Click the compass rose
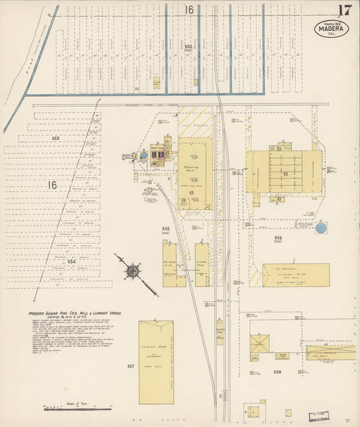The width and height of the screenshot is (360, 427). pos(133,271)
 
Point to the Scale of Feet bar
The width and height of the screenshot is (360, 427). pos(78,408)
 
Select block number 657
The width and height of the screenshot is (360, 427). pos(130,366)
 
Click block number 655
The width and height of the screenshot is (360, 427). pos(165,230)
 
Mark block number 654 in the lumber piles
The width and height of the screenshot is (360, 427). pos(72,261)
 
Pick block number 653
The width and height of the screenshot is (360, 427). pos(55,138)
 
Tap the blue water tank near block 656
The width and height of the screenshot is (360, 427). pos(321,228)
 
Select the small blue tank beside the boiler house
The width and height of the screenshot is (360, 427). pos(143,155)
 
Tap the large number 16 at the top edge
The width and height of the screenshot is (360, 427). pos(189,9)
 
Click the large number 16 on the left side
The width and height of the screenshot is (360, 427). pos(52,184)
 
